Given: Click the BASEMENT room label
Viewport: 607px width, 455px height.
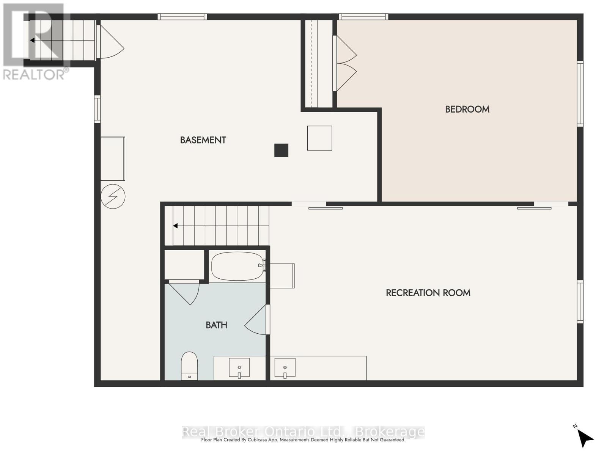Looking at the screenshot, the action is (203, 140).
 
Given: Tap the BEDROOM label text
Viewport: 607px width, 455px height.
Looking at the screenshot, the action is (467, 109).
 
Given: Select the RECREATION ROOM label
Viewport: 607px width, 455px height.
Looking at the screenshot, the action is (428, 293).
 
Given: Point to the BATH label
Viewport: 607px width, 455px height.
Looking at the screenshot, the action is (217, 325).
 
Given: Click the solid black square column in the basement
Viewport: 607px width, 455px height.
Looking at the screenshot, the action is (281, 150).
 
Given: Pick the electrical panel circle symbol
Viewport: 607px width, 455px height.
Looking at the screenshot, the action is (113, 196).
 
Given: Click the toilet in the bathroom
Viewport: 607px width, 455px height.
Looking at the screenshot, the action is (189, 366).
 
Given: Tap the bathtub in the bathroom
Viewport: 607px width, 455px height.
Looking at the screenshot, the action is (237, 266).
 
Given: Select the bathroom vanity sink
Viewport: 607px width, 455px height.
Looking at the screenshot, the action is (239, 368).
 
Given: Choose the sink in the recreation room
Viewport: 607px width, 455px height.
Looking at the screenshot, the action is (285, 368).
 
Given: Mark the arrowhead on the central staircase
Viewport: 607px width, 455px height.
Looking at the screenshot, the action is (175, 226).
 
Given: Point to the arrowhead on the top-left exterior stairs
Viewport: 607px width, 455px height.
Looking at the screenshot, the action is (32, 40).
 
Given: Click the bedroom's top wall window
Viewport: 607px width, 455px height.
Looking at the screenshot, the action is (363, 17).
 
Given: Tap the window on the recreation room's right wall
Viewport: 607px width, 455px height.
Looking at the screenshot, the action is (580, 302).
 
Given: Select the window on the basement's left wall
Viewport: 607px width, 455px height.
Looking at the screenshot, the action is (97, 109).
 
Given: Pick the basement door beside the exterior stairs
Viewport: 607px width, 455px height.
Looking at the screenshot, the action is (110, 42).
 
